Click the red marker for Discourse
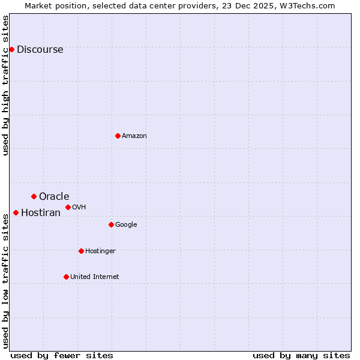(12, 49)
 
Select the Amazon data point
(118, 136)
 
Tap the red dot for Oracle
(34, 196)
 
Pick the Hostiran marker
(16, 212)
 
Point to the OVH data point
(68, 207)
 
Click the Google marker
(111, 224)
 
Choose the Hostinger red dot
(81, 251)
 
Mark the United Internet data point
(66, 277)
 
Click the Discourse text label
(40, 50)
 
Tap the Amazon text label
(134, 136)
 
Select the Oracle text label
(54, 197)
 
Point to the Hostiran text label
(41, 213)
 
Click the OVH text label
(79, 208)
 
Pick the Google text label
(126, 225)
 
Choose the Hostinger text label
(100, 251)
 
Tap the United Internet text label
(94, 277)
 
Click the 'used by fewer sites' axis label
(62, 355)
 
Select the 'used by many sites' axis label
(301, 355)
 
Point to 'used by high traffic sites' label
(5, 85)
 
